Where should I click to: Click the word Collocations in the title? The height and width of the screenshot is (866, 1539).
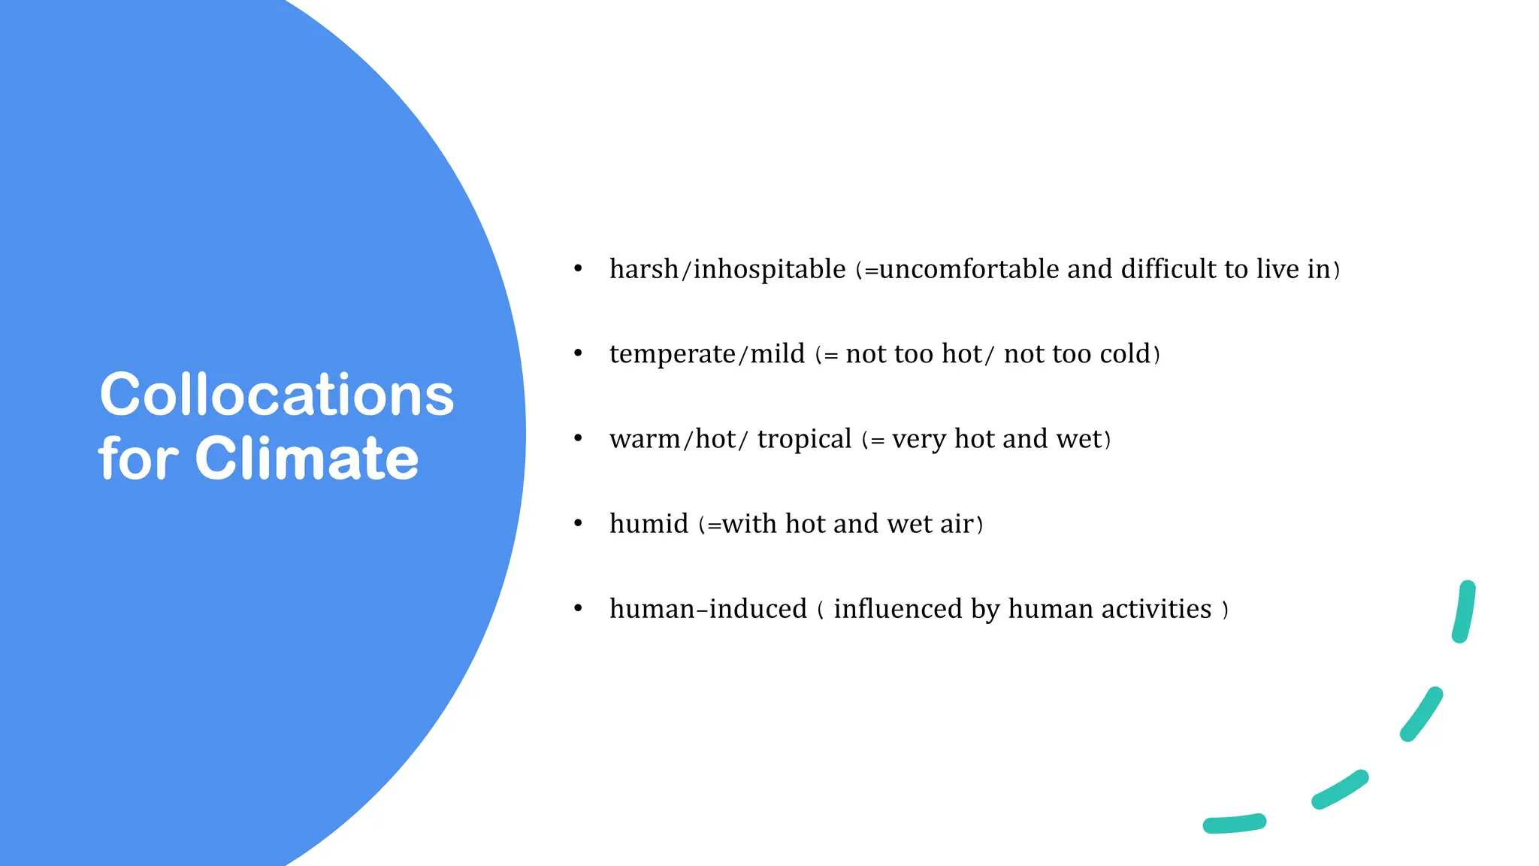(x=277, y=395)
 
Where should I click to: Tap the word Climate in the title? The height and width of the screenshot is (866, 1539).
(x=307, y=459)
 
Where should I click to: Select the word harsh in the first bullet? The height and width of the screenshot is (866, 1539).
(x=643, y=269)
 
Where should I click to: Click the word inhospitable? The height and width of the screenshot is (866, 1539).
(x=769, y=269)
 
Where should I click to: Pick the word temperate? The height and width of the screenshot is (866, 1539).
(x=673, y=354)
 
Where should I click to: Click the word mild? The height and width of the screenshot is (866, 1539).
(x=777, y=354)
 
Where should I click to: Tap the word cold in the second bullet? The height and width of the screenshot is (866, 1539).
(x=1125, y=354)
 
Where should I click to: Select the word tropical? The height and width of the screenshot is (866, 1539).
(x=804, y=439)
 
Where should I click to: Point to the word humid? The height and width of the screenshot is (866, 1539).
(x=649, y=524)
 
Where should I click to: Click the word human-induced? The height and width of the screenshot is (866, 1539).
(x=708, y=609)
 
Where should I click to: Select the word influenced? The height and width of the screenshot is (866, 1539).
(x=898, y=609)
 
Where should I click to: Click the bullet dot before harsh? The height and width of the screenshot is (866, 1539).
(x=578, y=268)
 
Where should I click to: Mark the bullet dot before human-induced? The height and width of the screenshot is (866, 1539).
(x=578, y=608)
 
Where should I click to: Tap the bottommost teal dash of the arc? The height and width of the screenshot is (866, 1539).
(x=1235, y=824)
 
